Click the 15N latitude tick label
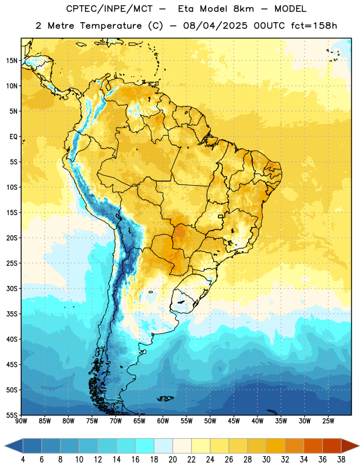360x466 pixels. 12,61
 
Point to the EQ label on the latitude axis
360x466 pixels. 13,137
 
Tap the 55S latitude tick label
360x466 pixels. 12,415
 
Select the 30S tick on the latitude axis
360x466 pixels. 12,288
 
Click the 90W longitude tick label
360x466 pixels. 21,421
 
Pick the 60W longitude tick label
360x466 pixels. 163,421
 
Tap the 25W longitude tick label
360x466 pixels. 328,421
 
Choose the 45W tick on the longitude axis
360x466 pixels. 234,421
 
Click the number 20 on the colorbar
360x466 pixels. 172,460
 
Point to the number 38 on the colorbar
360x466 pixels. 341,460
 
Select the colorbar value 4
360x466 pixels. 23,460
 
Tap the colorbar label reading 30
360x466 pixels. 266,460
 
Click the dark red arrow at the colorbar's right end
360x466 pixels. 350,446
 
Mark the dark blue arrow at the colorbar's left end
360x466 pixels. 14,446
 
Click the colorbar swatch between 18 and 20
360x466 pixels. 164,446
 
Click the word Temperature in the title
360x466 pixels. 111,26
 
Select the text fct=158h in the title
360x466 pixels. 314,26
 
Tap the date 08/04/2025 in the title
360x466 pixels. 215,26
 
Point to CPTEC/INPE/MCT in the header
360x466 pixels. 109,9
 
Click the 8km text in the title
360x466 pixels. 243,9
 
